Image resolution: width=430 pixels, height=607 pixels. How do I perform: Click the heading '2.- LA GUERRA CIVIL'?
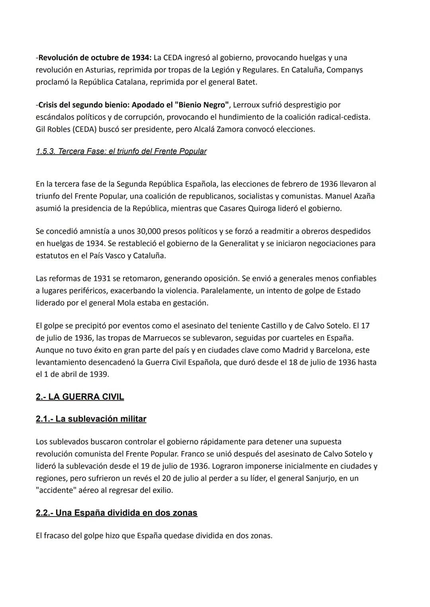[80, 397]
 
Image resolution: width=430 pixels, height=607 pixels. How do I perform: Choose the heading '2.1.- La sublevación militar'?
[91, 419]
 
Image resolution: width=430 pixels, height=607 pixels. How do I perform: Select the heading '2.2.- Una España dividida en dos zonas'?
[116, 513]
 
